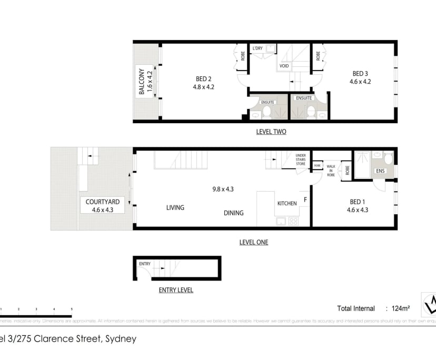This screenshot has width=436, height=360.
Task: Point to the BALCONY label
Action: [x=142, y=82]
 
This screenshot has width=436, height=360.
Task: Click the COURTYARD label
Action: [x=103, y=202]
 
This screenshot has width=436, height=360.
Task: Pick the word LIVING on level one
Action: [x=175, y=207]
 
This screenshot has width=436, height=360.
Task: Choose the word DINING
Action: [x=233, y=213]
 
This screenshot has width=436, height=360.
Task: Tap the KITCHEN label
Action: [x=288, y=203]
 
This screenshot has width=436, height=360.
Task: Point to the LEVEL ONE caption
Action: [x=253, y=242]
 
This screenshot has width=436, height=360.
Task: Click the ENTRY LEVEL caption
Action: [x=176, y=290]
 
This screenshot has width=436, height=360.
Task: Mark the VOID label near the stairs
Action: [x=284, y=66]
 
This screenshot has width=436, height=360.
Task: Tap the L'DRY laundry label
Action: [x=257, y=48]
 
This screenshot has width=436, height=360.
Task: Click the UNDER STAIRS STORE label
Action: [x=301, y=159]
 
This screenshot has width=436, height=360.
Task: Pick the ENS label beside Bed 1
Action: [x=380, y=171]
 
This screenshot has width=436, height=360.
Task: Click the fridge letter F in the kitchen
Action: [x=305, y=201]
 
